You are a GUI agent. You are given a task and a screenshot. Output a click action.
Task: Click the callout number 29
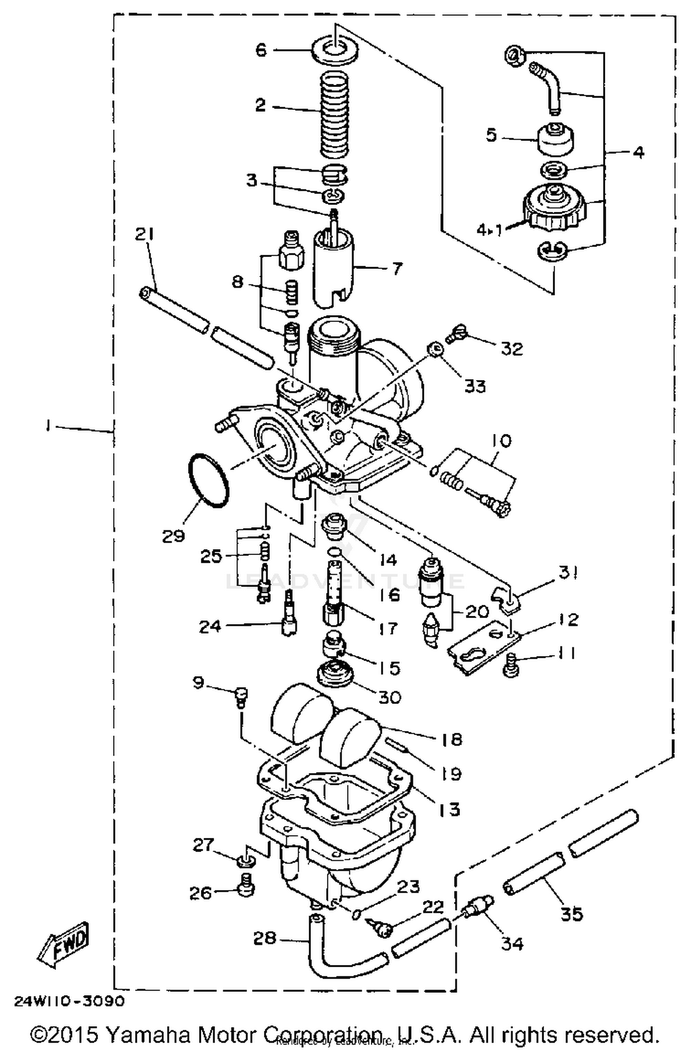[173, 536]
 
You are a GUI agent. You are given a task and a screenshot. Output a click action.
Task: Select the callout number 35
[571, 913]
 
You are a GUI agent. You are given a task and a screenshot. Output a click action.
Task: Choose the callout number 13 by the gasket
[449, 809]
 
